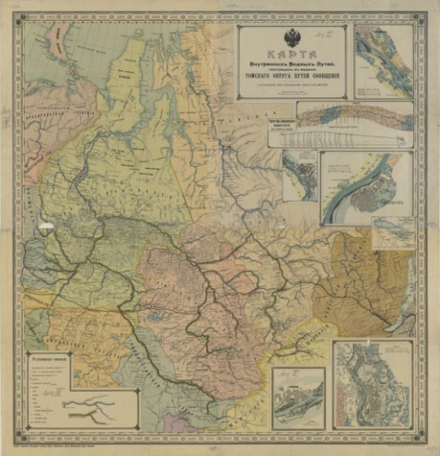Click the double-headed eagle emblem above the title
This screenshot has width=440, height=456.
[x=292, y=38]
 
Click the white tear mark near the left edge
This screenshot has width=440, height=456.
[x=44, y=223]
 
